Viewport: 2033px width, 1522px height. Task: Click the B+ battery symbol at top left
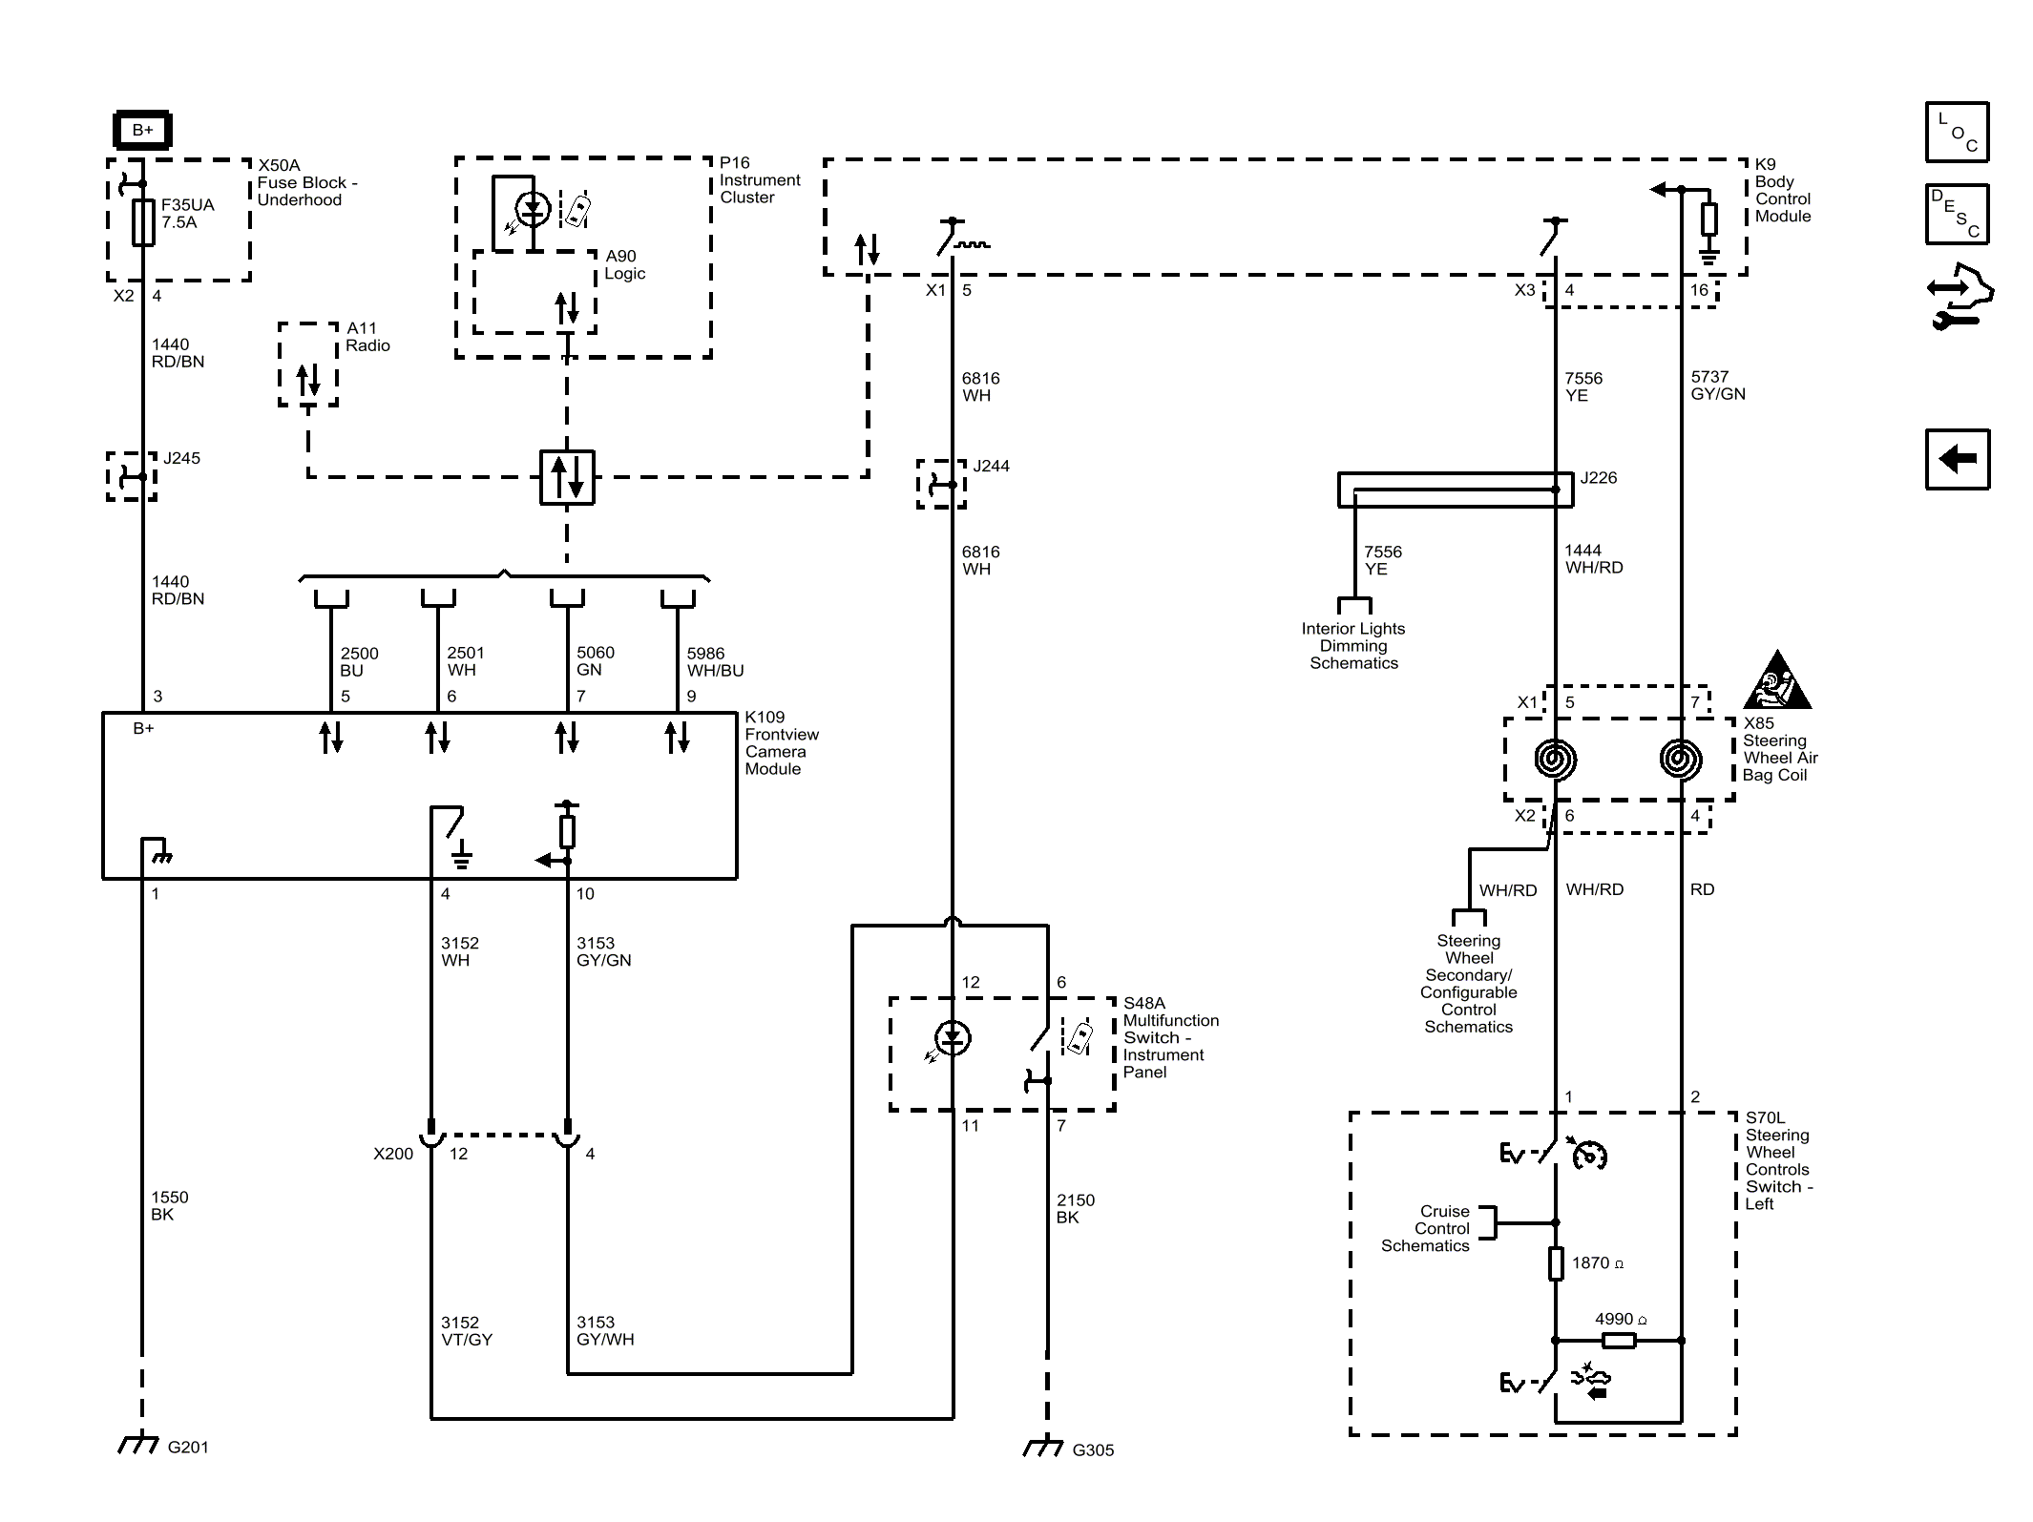coord(142,130)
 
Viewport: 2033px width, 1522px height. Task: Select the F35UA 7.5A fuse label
coord(188,214)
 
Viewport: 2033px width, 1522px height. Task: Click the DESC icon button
coord(1957,214)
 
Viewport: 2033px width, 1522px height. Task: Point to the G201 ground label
coord(188,1448)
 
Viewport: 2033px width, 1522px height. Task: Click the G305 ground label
coord(1093,1450)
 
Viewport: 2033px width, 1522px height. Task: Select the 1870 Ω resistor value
coord(1598,1262)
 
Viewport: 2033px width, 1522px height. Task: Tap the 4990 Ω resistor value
coord(1621,1319)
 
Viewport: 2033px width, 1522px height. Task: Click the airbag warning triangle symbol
coord(1777,680)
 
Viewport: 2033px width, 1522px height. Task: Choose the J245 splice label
coord(181,458)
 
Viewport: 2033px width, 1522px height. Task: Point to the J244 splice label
coord(991,466)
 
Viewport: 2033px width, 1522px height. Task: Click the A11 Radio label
coord(368,337)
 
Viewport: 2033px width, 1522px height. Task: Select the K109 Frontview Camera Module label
coord(782,743)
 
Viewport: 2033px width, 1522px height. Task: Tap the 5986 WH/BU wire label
coord(715,661)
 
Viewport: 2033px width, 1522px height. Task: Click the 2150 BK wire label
coord(1076,1209)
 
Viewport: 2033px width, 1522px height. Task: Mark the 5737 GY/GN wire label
coord(1718,386)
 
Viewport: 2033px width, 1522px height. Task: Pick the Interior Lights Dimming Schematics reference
coord(1353,646)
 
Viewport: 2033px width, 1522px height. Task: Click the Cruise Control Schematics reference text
coord(1426,1228)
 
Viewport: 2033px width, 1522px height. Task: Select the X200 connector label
coord(393,1154)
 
